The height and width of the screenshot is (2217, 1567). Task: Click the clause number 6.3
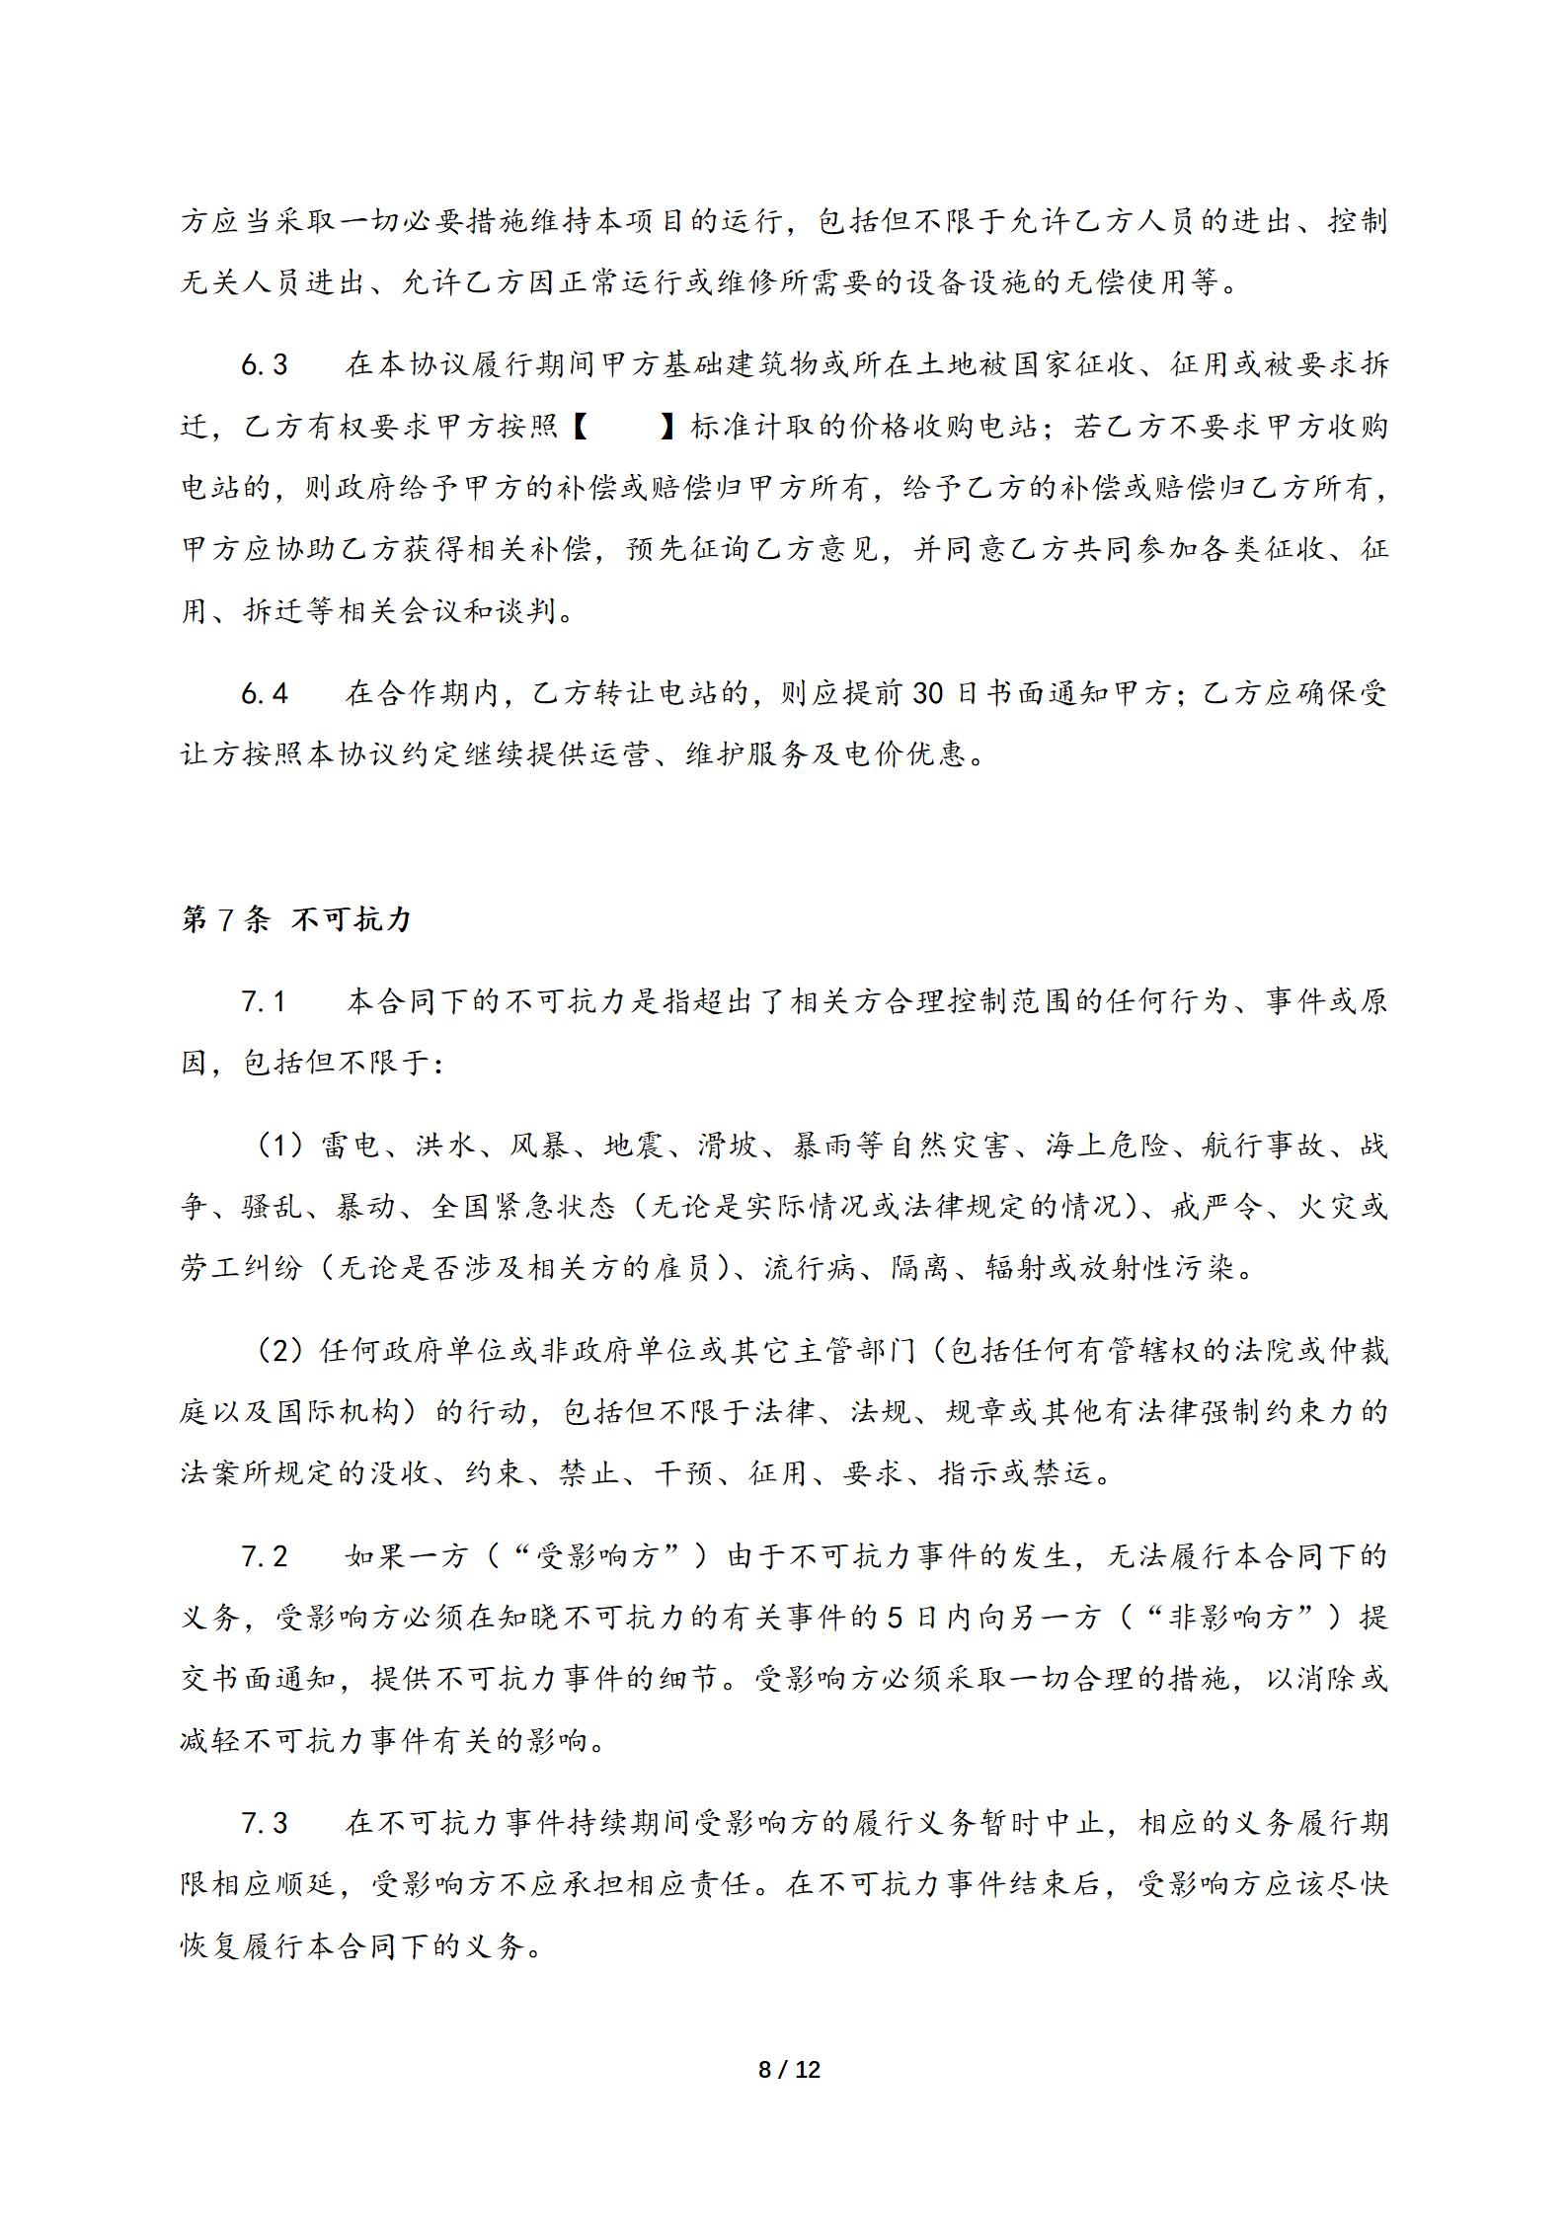coord(265,365)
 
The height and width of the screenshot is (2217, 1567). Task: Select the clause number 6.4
coord(265,693)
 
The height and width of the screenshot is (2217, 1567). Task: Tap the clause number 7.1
coord(265,1001)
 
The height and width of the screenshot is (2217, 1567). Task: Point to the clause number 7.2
coord(265,1556)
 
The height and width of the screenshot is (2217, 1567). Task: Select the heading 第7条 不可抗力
coord(296,919)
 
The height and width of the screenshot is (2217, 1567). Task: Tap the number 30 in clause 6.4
coord(929,693)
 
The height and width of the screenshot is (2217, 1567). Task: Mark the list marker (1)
coord(278,1146)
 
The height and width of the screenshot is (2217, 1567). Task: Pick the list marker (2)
coord(278,1350)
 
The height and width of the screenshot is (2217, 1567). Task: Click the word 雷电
coord(350,1146)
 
